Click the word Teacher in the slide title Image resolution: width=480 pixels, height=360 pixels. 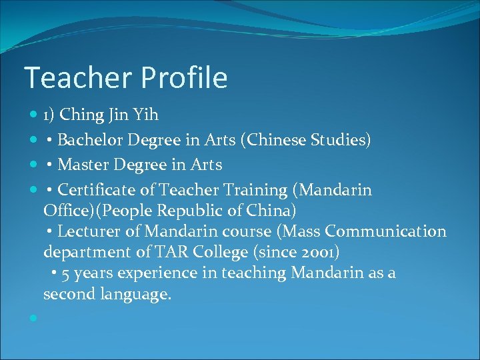click(x=70, y=78)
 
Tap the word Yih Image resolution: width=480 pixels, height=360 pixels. click(x=146, y=115)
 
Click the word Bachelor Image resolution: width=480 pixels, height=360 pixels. click(x=89, y=140)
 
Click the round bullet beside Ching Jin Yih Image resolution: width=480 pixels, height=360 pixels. click(x=33, y=116)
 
